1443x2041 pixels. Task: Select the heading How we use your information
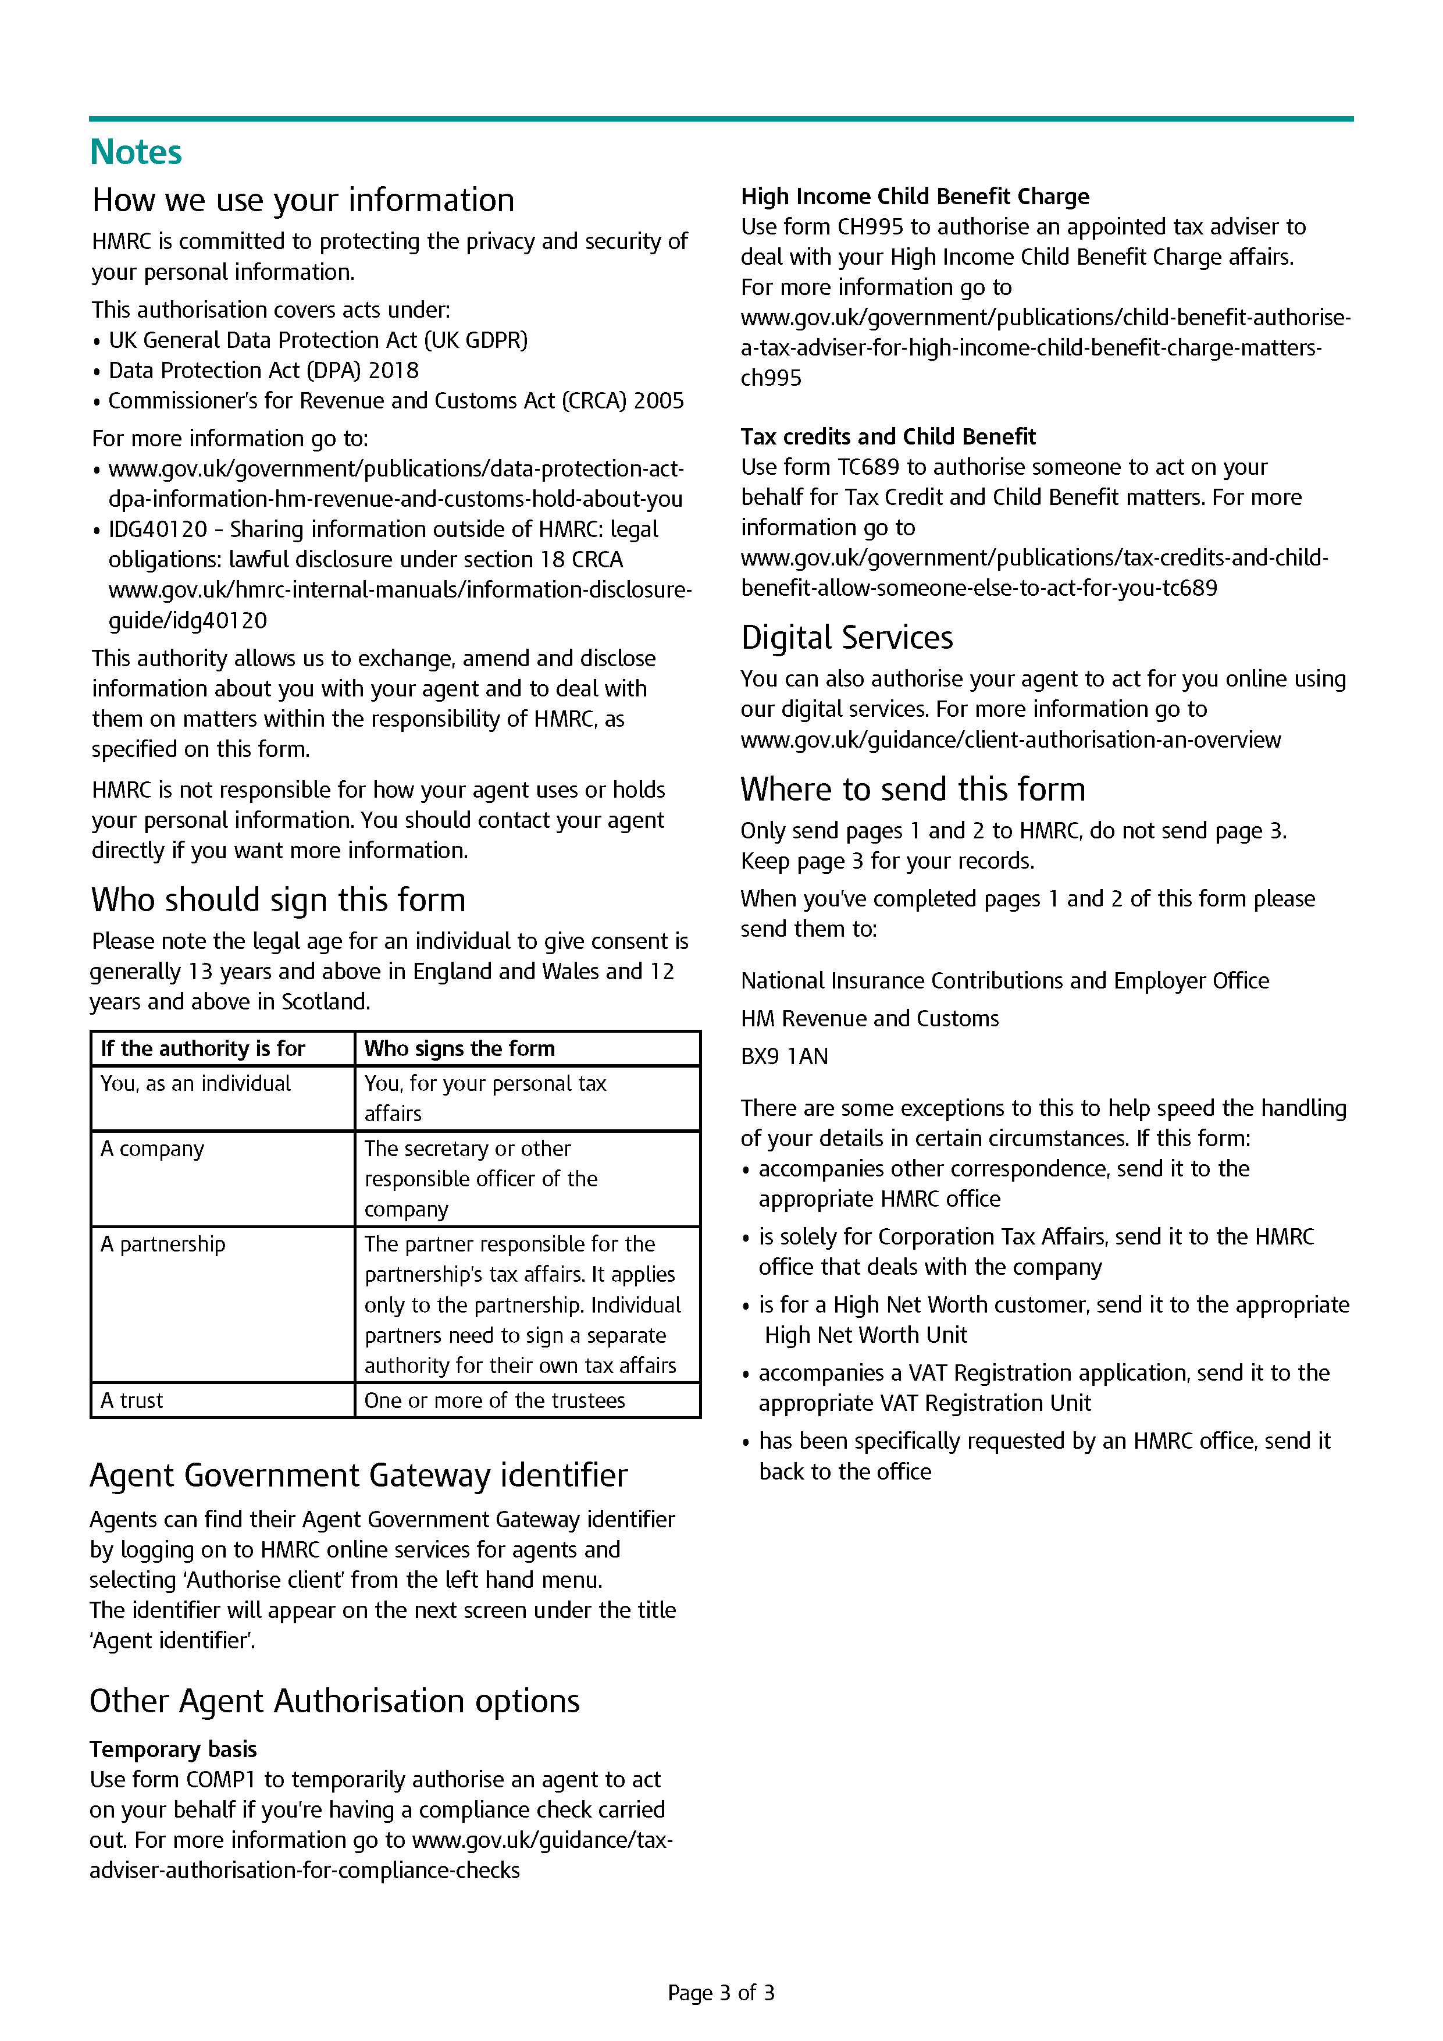point(303,200)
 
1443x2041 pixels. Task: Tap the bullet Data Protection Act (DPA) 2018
point(263,371)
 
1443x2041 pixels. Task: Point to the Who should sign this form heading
point(278,899)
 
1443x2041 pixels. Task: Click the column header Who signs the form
point(459,1049)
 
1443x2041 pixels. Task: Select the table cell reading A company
point(152,1150)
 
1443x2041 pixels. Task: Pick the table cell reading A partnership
point(163,1244)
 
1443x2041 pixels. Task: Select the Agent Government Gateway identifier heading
point(358,1475)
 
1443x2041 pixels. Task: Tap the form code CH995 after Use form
point(870,227)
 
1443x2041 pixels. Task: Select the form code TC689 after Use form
point(869,468)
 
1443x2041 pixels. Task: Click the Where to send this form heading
point(913,790)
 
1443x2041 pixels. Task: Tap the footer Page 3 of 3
point(721,1993)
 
